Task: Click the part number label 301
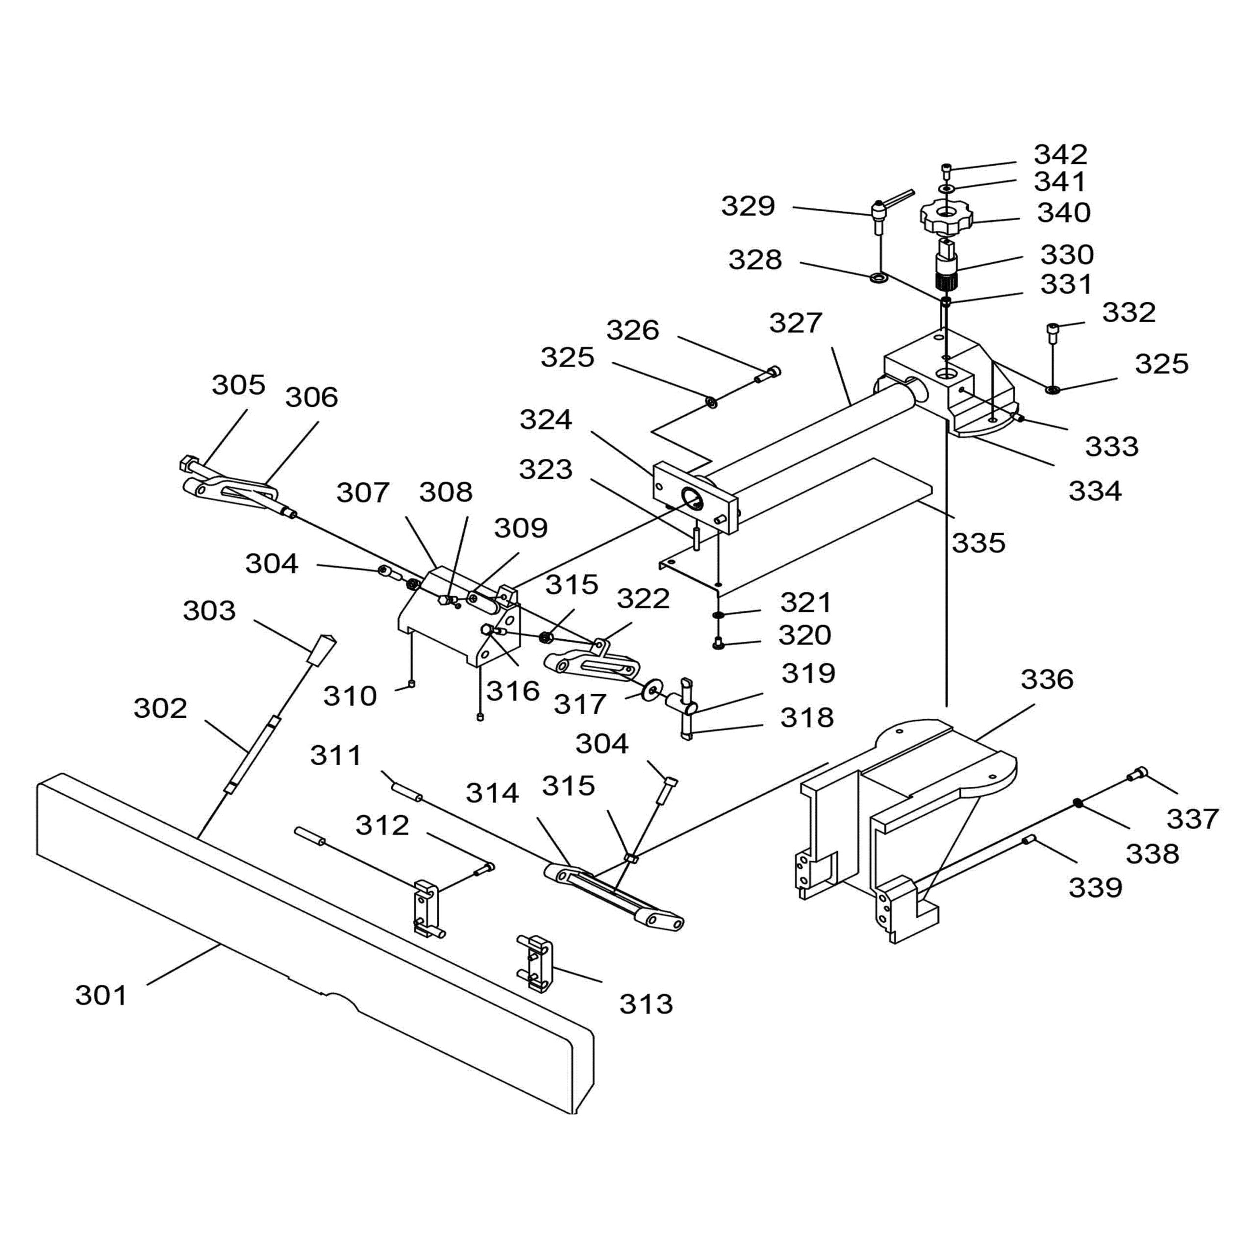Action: tap(101, 995)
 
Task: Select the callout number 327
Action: tap(796, 323)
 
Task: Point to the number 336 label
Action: tap(1047, 679)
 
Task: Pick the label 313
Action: tap(646, 1004)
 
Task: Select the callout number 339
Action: tap(1095, 887)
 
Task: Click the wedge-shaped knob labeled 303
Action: tap(321, 650)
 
